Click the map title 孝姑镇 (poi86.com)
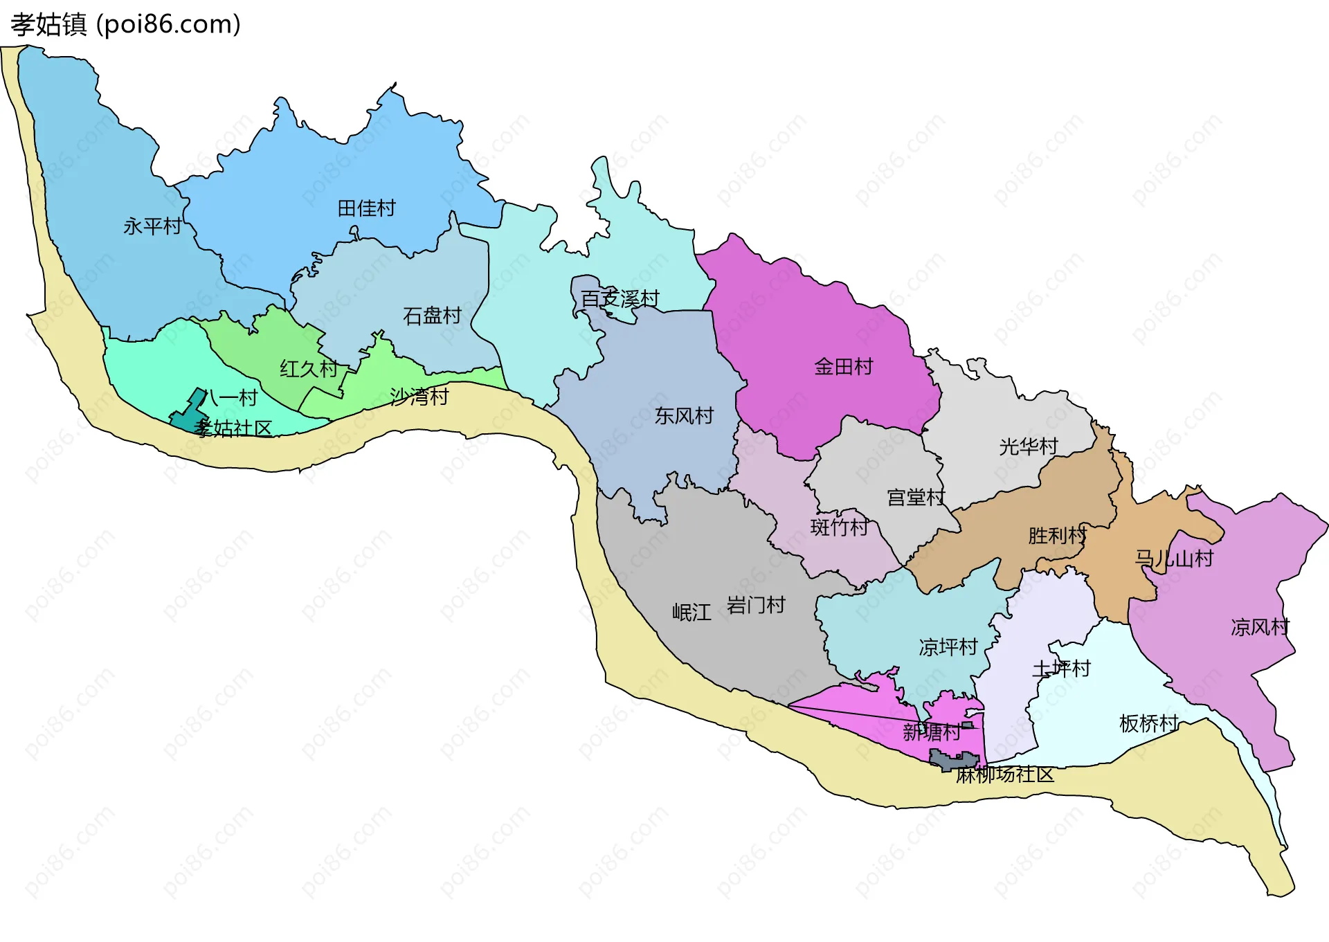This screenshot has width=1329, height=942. (x=125, y=25)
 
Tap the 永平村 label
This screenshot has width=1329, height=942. (x=152, y=226)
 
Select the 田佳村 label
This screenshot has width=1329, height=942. (x=366, y=208)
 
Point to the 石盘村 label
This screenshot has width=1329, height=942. (x=432, y=316)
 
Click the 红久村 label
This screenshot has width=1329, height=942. (x=309, y=369)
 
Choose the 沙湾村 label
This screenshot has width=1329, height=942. (x=419, y=397)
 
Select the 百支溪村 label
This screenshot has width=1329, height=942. (x=620, y=299)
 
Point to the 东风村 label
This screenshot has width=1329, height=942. (x=684, y=416)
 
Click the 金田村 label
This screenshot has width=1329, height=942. (x=844, y=367)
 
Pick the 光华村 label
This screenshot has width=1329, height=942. (x=1029, y=447)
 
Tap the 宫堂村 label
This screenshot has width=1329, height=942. (x=916, y=498)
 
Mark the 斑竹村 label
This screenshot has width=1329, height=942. (x=839, y=527)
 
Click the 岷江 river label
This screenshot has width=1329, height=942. (x=691, y=613)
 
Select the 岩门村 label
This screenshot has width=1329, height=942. (x=756, y=606)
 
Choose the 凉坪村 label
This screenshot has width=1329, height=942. (x=948, y=648)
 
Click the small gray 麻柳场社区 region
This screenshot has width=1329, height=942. (x=952, y=761)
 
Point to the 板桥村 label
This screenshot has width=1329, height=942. (x=1148, y=724)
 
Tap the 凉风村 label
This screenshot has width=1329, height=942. (x=1260, y=628)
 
